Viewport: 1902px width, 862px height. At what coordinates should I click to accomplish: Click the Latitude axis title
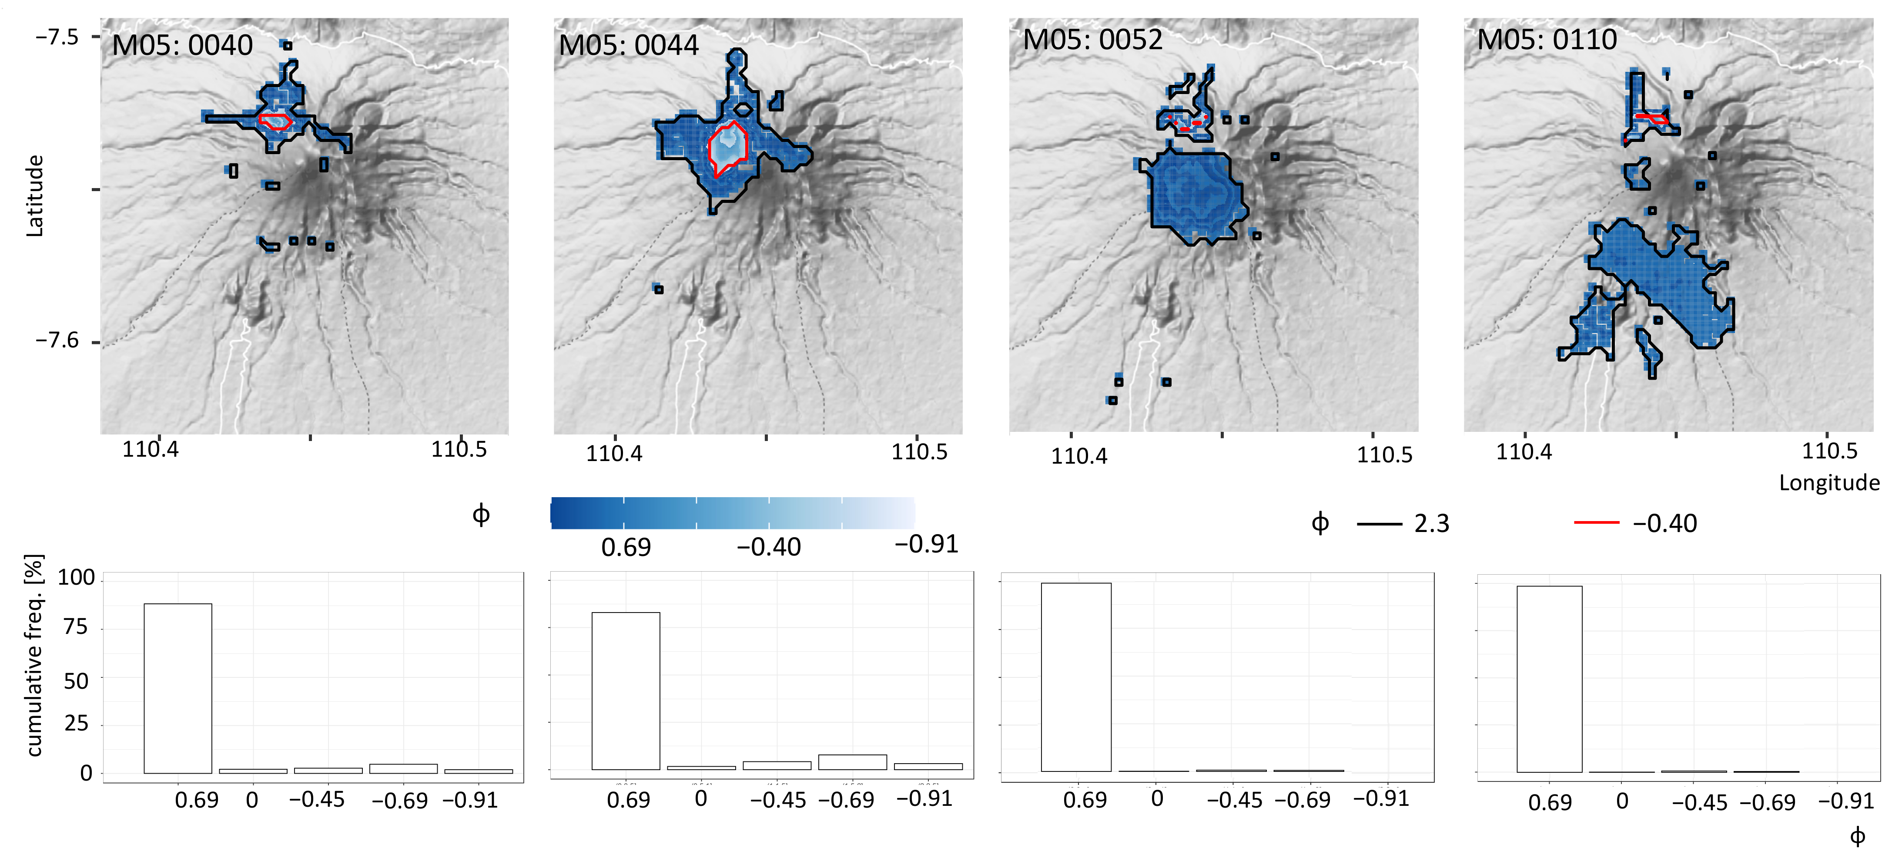35,196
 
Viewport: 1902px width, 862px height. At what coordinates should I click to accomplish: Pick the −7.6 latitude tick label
57,340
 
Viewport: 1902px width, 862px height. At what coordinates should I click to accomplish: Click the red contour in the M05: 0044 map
710,148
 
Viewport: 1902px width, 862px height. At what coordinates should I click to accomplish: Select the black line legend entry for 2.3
1379,524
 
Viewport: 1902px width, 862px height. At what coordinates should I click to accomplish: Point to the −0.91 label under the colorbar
926,544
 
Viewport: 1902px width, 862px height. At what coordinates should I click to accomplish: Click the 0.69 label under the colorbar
626,547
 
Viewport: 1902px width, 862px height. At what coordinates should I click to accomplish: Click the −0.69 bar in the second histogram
852,761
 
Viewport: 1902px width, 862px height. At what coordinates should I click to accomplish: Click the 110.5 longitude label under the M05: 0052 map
1384,455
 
